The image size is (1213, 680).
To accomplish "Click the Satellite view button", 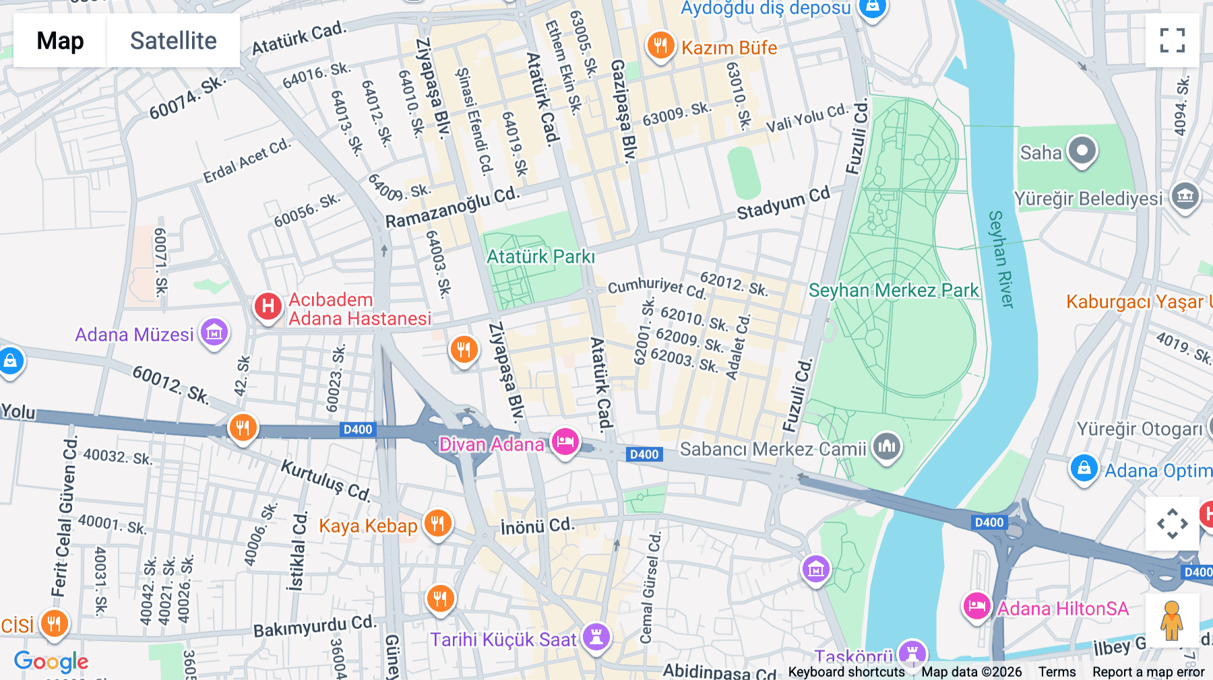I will point(173,40).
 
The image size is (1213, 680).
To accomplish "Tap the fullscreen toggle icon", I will point(1172,40).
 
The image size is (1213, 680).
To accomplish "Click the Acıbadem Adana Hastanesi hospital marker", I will point(268,306).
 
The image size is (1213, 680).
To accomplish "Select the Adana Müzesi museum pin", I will point(214,332).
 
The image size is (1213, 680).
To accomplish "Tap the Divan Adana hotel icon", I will point(565,442).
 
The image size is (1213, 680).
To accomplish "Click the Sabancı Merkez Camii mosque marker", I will point(887,446).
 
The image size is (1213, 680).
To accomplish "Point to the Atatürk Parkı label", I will point(540,257).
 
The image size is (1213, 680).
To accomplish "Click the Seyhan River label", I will point(1001,259).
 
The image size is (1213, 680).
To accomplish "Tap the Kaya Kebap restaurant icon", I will point(438,523).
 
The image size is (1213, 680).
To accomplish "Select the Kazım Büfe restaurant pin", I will point(660,46).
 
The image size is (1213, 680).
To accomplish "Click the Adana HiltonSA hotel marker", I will point(976,607).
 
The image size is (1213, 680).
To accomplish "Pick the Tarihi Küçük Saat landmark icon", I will point(596,636).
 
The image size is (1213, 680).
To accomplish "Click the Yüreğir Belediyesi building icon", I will point(1185,197).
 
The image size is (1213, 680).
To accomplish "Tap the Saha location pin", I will point(1082,151).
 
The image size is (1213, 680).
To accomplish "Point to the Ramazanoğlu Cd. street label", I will point(453,208).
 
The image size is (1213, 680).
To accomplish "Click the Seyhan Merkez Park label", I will point(894,291).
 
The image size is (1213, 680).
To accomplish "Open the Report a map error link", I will point(1148,672).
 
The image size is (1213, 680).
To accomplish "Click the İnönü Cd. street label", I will point(538,526).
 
